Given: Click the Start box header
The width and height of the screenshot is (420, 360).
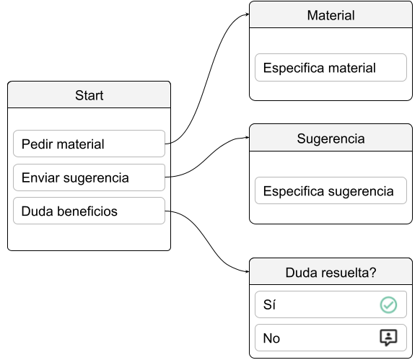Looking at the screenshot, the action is pyautogui.click(x=89, y=95).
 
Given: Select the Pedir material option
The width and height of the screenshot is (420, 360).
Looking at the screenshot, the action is pyautogui.click(x=89, y=144).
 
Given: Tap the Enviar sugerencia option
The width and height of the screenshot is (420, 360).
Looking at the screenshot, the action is pyautogui.click(x=89, y=177).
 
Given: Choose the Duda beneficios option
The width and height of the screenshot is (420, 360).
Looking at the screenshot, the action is pyautogui.click(x=89, y=211).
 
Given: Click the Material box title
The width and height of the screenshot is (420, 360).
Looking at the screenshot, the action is pyautogui.click(x=331, y=15).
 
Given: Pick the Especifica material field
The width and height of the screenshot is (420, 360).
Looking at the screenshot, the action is pyautogui.click(x=331, y=68).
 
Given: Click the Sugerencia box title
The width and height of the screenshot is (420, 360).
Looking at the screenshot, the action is pyautogui.click(x=331, y=139).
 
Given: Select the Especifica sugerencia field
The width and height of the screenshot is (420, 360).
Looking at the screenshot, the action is pyautogui.click(x=331, y=190).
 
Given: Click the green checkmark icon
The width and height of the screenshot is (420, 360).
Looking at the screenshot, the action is pyautogui.click(x=388, y=305).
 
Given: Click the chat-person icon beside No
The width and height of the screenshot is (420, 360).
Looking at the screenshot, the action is pyautogui.click(x=388, y=338).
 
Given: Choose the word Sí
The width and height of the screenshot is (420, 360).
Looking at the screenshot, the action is pyautogui.click(x=269, y=304).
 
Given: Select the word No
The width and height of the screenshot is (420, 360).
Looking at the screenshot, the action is pyautogui.click(x=271, y=338).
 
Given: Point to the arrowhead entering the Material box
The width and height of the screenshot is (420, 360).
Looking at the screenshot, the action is pyautogui.click(x=248, y=14).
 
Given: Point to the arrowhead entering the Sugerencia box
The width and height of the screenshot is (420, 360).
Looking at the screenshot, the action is pyautogui.click(x=248, y=137).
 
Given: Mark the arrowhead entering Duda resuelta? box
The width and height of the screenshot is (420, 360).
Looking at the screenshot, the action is pyautogui.click(x=248, y=271).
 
